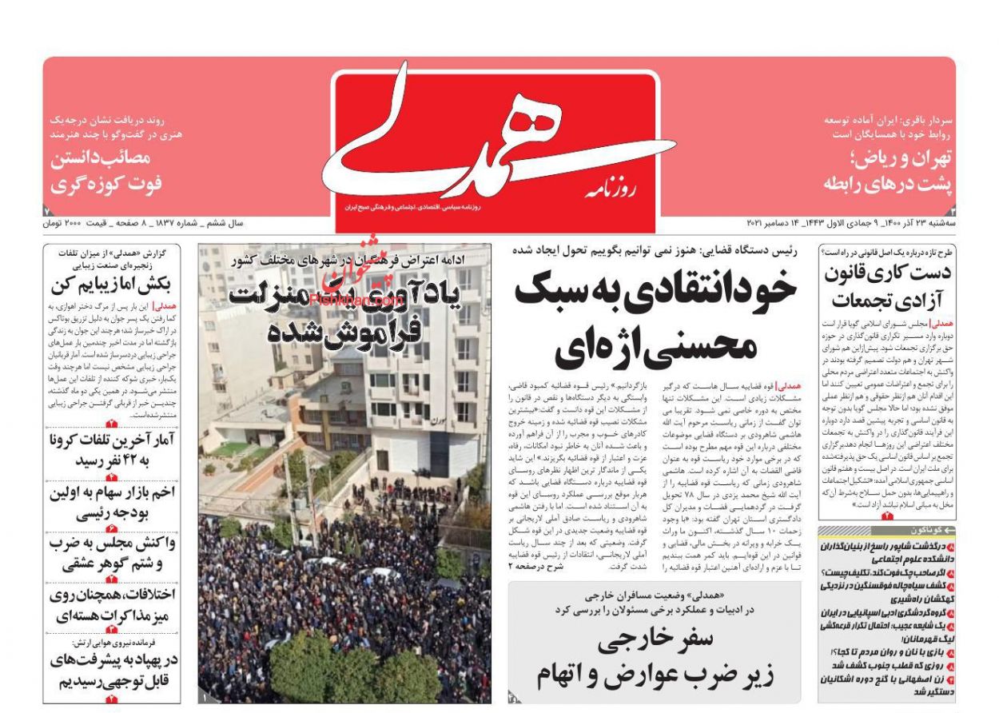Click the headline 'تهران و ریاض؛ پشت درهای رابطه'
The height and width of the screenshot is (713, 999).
coord(888,171)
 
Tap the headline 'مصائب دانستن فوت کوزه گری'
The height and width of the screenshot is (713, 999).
coord(107,171)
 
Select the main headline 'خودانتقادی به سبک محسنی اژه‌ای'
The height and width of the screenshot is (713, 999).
coord(655,316)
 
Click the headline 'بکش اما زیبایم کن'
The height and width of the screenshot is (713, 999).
coord(112,285)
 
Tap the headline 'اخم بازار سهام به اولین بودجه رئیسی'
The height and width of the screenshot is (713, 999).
coord(112,503)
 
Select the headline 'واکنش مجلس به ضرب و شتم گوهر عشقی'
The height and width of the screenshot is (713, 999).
coord(112,553)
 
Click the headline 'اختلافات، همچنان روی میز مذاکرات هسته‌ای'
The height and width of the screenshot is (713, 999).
coord(112,605)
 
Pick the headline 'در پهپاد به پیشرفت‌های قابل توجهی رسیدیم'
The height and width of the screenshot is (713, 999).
coord(112,671)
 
